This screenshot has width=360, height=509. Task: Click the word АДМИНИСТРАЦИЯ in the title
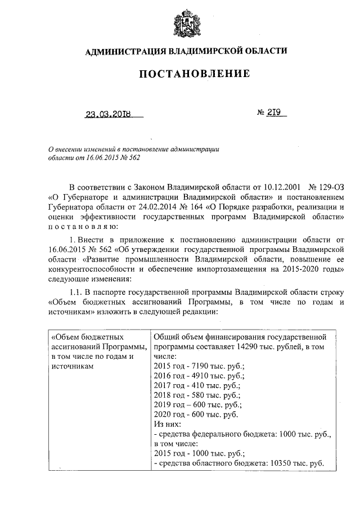[125, 52]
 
